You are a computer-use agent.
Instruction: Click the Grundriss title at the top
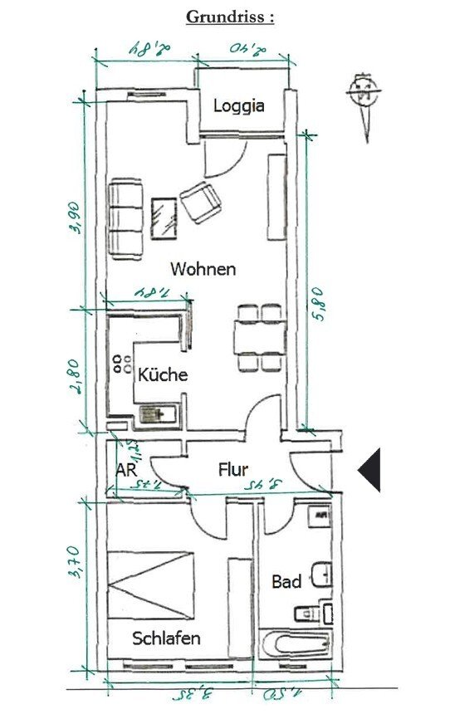coord(229,16)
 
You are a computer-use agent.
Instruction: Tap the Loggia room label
coord(239,106)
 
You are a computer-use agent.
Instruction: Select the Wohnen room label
coord(203,269)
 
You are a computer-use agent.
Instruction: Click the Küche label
coord(163,374)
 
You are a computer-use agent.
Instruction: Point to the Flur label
coord(233,470)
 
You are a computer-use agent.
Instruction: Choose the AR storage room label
coord(126,470)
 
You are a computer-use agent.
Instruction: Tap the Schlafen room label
coord(166,638)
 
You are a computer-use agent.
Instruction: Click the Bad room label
coord(286,581)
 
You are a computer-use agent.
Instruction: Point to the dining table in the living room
coord(258,338)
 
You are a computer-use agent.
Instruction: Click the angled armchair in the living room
coord(202,202)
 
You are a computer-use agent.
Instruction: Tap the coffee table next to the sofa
coord(165,218)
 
